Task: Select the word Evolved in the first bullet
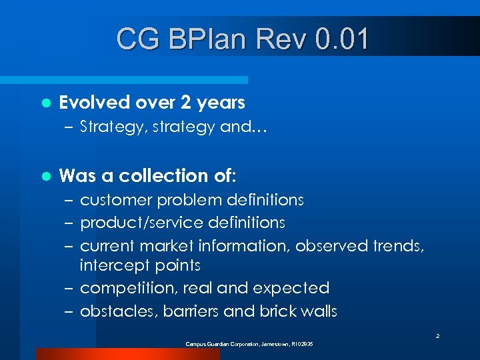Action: pyautogui.click(x=94, y=103)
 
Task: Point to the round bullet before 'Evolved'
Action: pyautogui.click(x=45, y=103)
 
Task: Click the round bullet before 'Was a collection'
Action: pyautogui.click(x=45, y=177)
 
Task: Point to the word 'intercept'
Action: pyautogui.click(x=111, y=265)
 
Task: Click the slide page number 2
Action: pyautogui.click(x=437, y=337)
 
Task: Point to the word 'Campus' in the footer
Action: pyautogui.click(x=197, y=344)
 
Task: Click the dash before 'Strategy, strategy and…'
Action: pyautogui.click(x=70, y=127)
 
